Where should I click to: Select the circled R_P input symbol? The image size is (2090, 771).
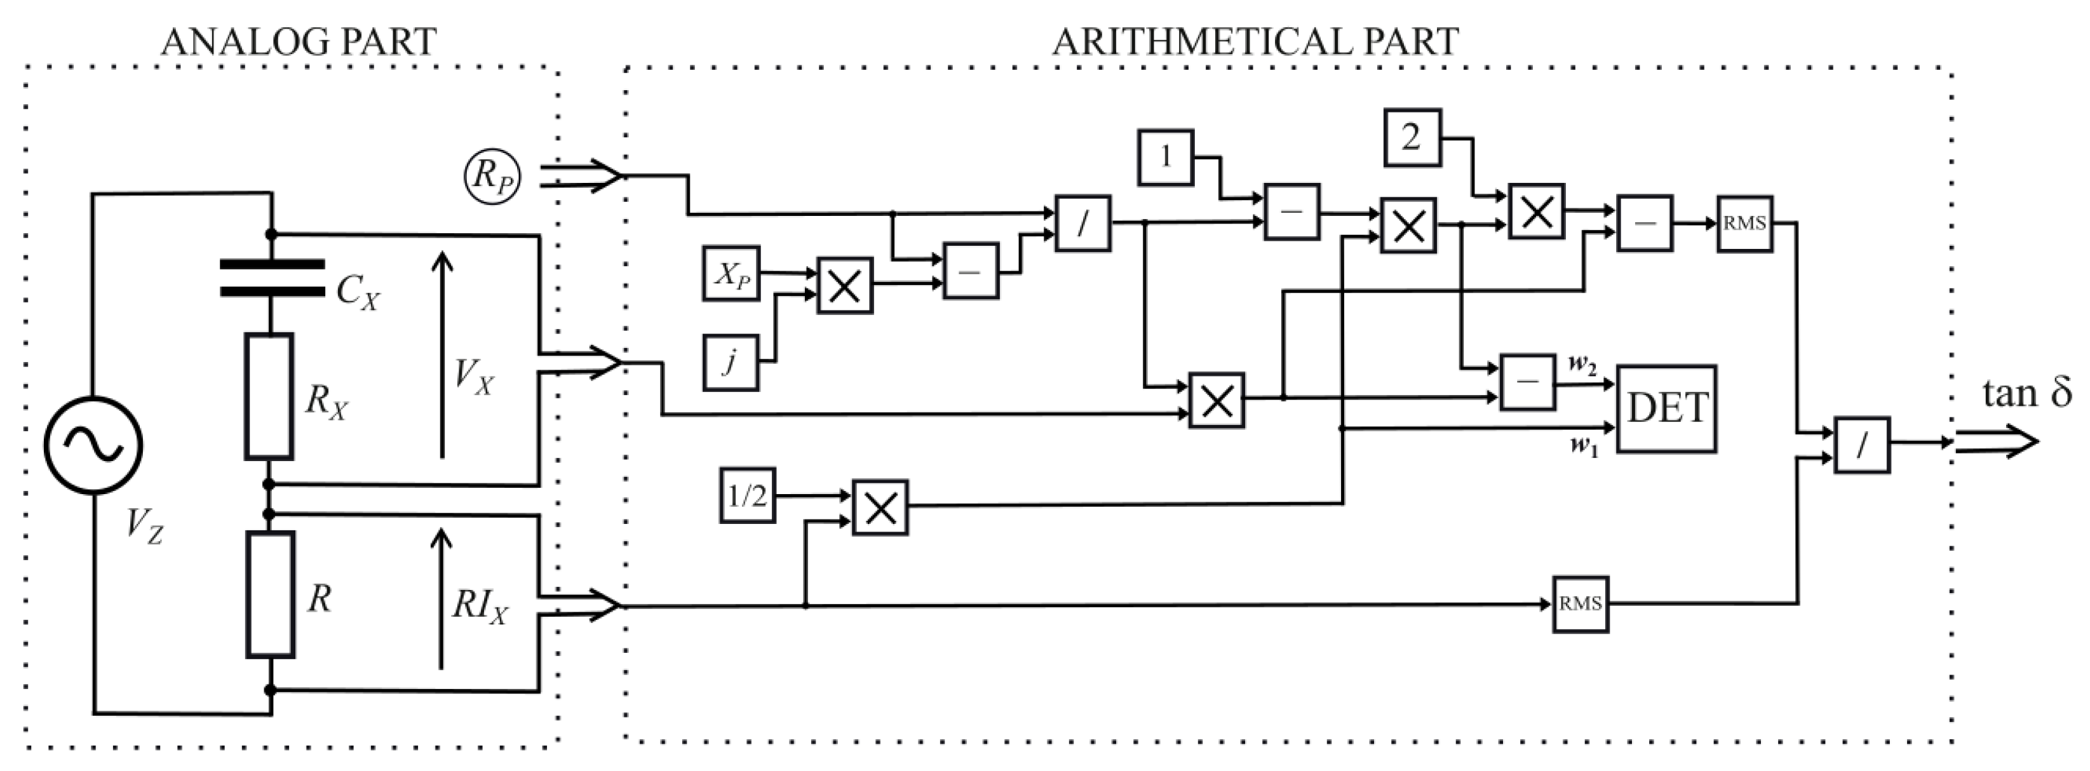point(492,176)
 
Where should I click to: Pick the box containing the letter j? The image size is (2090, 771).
point(730,363)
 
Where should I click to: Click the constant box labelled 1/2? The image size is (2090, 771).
point(747,495)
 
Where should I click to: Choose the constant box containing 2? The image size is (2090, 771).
point(1412,138)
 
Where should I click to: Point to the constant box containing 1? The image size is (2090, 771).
point(1166,156)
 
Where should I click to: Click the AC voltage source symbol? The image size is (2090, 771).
point(93,445)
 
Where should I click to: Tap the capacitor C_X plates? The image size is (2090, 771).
point(272,278)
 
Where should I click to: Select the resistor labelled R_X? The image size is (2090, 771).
point(269,396)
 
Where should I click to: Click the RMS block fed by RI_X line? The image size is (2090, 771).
point(1581,604)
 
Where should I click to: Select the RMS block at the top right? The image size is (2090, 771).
point(1744,223)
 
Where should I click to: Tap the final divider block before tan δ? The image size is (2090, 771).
point(1862,445)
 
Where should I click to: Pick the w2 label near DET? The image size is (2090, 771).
point(1582,364)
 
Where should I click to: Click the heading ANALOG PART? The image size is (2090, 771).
point(299,41)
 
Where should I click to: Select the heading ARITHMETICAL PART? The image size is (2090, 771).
point(1255,41)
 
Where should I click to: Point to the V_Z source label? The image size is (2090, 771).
point(144,528)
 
